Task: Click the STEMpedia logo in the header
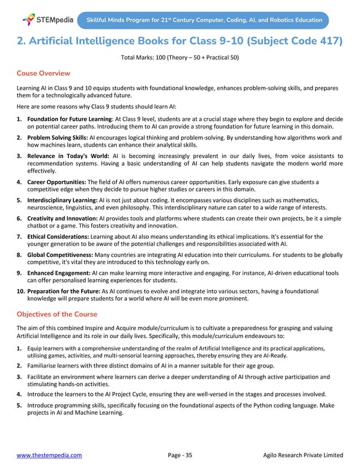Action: tap(47, 20)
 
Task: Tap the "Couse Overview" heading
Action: tap(43, 73)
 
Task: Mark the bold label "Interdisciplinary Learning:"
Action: tap(63, 200)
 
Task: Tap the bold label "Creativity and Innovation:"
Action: tap(62, 218)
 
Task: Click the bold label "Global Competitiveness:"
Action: tap(62, 255)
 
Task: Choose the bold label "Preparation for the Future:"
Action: tap(64, 291)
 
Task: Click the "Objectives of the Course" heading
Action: tap(57, 314)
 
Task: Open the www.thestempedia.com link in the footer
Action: tap(49, 454)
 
